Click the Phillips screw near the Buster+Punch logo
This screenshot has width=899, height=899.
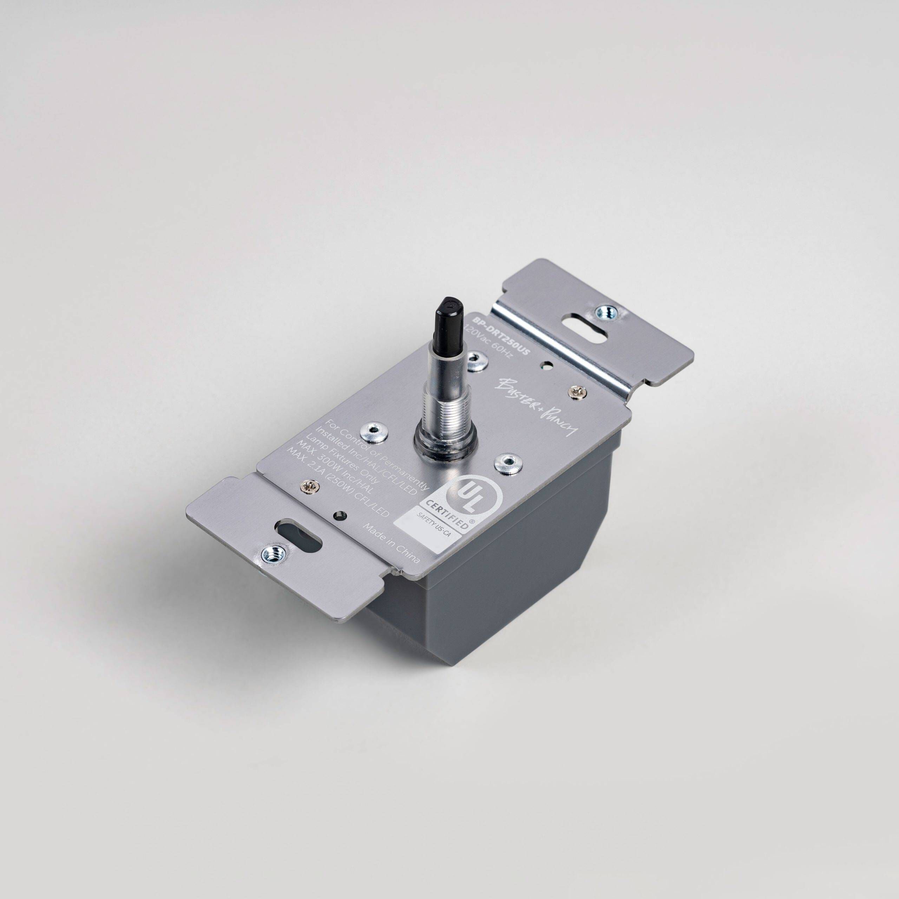tap(577, 391)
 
